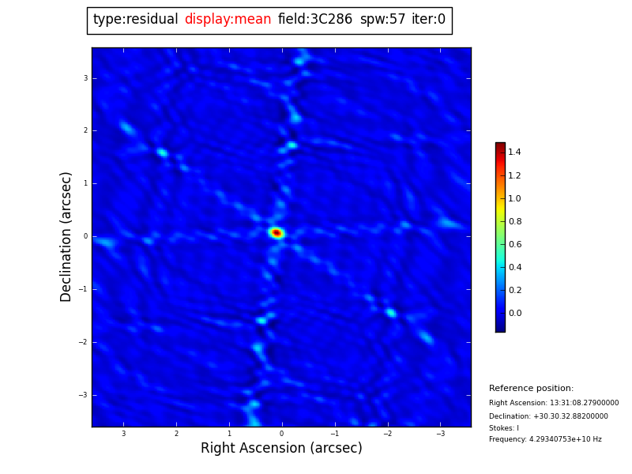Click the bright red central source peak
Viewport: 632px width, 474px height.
(276, 233)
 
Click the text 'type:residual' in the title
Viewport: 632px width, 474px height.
(135, 20)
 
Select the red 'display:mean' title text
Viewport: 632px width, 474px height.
(228, 20)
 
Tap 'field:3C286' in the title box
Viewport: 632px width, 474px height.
(315, 20)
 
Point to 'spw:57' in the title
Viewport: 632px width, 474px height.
(382, 20)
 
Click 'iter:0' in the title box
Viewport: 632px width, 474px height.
(428, 20)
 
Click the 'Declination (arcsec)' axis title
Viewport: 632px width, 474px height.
(66, 236)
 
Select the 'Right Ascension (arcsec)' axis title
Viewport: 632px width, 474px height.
(281, 448)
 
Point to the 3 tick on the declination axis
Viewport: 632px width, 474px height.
(85, 78)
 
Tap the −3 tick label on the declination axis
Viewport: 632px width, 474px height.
(84, 395)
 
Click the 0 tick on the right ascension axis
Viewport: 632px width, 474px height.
(281, 434)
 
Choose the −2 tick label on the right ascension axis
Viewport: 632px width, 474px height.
(387, 434)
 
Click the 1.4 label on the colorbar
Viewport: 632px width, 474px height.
(514, 152)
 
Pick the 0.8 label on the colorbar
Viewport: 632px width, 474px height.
(514, 221)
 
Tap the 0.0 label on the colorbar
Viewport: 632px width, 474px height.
(514, 313)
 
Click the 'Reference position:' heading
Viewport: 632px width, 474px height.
(531, 389)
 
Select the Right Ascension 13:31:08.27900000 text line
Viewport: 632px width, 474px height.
(554, 403)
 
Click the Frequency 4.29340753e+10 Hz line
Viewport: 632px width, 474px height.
(545, 439)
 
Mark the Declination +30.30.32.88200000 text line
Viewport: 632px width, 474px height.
(548, 416)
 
